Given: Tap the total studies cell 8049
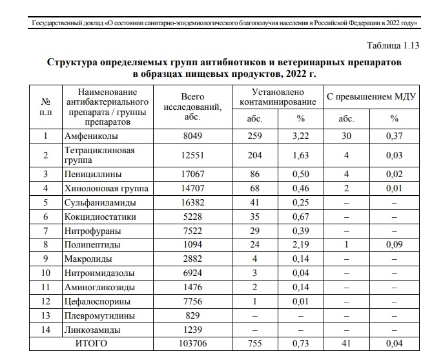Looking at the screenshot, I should [192, 136].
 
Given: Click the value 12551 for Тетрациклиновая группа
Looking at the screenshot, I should [192, 155].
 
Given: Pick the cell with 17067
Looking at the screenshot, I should [192, 174].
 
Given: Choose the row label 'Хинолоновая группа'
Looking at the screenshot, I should [106, 189].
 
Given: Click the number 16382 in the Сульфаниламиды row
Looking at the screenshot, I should [192, 203].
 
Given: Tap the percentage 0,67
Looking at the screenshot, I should [300, 217].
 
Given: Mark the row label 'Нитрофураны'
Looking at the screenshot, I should [92, 231].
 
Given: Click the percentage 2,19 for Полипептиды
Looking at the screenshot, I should [300, 246].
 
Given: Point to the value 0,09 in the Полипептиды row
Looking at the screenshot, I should [394, 246].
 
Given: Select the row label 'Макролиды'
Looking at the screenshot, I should [88, 260].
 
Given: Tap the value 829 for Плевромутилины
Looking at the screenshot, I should [192, 316].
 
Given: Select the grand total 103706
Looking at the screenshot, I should [192, 344].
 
